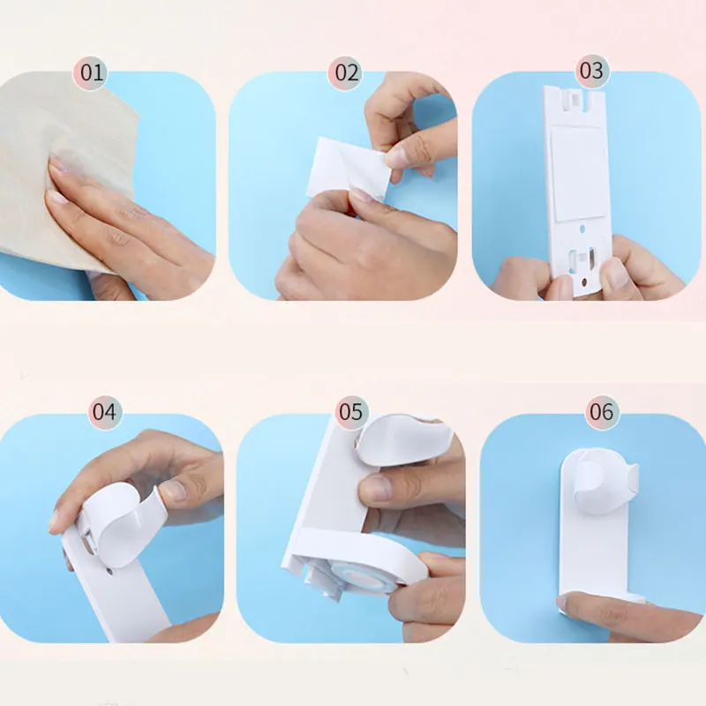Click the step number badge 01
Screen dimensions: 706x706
pos(92,72)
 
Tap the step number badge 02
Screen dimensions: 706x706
pos(347,72)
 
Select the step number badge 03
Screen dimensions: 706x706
pos(591,70)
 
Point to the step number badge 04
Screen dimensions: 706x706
pos(104,411)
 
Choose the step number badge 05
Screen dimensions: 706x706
pos(350,411)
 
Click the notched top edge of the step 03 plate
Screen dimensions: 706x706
pos(578,97)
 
